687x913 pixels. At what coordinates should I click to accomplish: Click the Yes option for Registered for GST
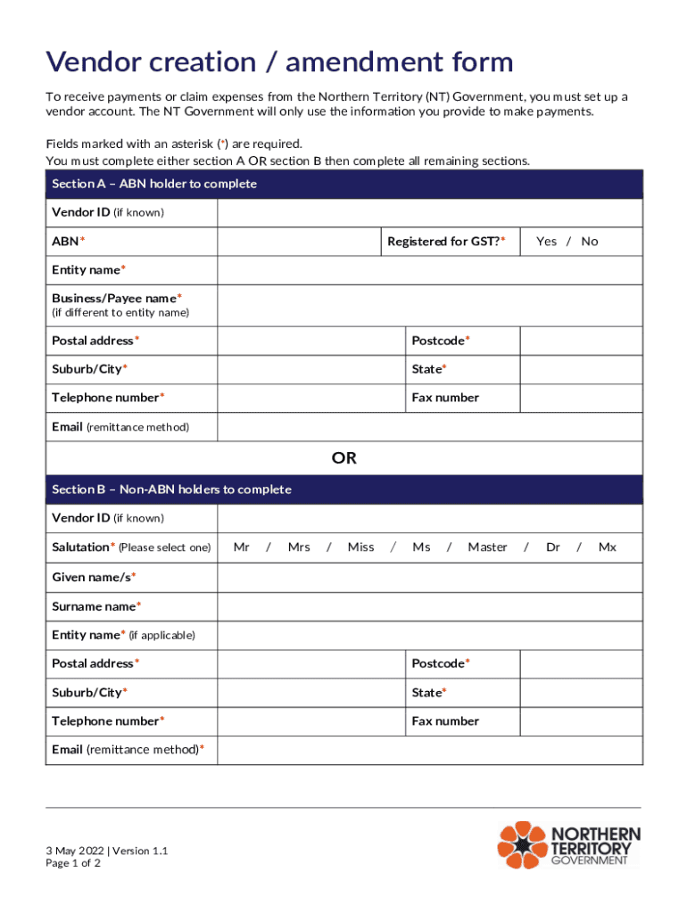(x=546, y=242)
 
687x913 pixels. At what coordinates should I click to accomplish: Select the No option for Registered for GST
(x=590, y=242)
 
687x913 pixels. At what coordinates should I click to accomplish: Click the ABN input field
(x=298, y=242)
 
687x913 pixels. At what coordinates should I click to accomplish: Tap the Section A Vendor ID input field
(x=429, y=213)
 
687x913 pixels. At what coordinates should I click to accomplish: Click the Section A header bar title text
(x=154, y=184)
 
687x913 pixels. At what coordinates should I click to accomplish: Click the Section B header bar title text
(x=171, y=489)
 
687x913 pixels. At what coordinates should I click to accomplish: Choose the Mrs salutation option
(x=299, y=547)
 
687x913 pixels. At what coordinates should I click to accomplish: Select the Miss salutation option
(x=360, y=547)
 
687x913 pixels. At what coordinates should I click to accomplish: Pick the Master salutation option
(x=487, y=547)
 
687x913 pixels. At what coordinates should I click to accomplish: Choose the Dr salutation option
(x=553, y=547)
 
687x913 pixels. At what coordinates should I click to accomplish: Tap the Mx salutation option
(x=607, y=547)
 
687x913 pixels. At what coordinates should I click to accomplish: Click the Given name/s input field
(x=429, y=578)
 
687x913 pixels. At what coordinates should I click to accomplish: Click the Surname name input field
(x=429, y=606)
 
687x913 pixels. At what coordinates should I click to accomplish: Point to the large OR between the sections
(x=343, y=458)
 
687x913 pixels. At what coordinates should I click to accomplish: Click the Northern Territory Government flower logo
(x=521, y=845)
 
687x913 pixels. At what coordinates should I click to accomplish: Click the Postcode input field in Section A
(x=581, y=341)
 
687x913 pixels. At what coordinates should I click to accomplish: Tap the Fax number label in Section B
(x=445, y=721)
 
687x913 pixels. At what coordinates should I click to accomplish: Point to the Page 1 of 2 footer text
(x=73, y=863)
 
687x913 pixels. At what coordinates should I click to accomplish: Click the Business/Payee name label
(x=117, y=299)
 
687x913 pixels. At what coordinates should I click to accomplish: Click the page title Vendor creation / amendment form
(x=279, y=62)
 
